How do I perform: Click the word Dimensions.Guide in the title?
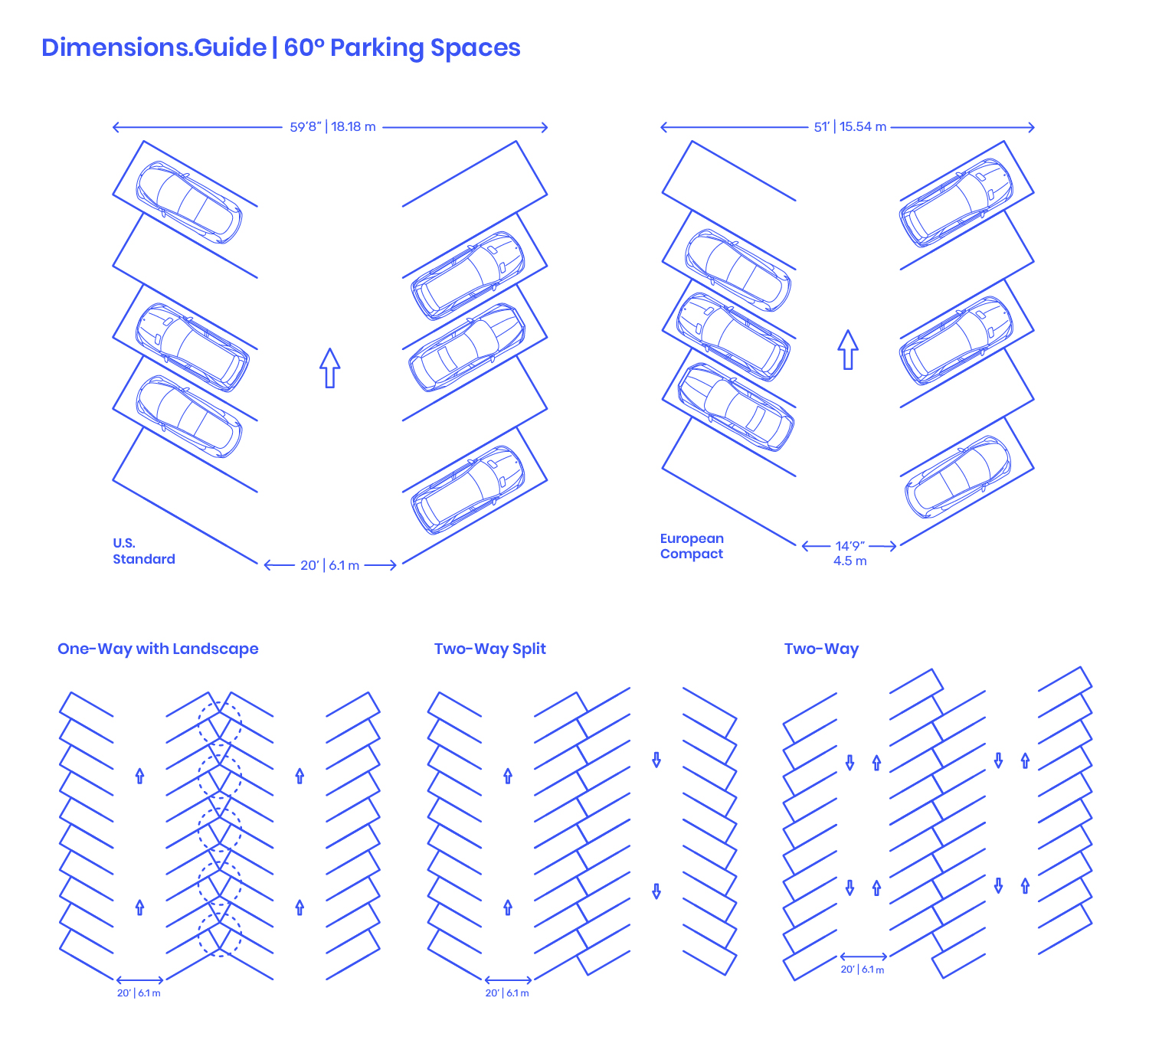click(154, 47)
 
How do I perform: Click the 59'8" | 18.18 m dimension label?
click(332, 126)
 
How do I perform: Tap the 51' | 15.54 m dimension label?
click(850, 126)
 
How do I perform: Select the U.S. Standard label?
click(144, 551)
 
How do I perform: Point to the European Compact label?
click(692, 546)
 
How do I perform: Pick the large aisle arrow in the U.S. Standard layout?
click(330, 368)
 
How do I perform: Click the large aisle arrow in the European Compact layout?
click(848, 349)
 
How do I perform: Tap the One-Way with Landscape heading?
click(158, 649)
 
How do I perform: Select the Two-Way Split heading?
click(489, 649)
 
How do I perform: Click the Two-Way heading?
click(821, 649)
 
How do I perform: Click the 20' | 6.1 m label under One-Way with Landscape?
click(139, 993)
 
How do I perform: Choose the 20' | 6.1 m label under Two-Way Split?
click(507, 993)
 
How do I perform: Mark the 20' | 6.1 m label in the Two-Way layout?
click(862, 970)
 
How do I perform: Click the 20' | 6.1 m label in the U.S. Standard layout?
click(330, 565)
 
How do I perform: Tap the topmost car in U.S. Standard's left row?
click(189, 202)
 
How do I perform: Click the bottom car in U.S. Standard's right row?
click(467, 490)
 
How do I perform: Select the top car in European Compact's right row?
click(956, 203)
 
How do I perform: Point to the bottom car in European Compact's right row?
click(957, 477)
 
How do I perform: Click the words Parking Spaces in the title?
click(425, 47)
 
